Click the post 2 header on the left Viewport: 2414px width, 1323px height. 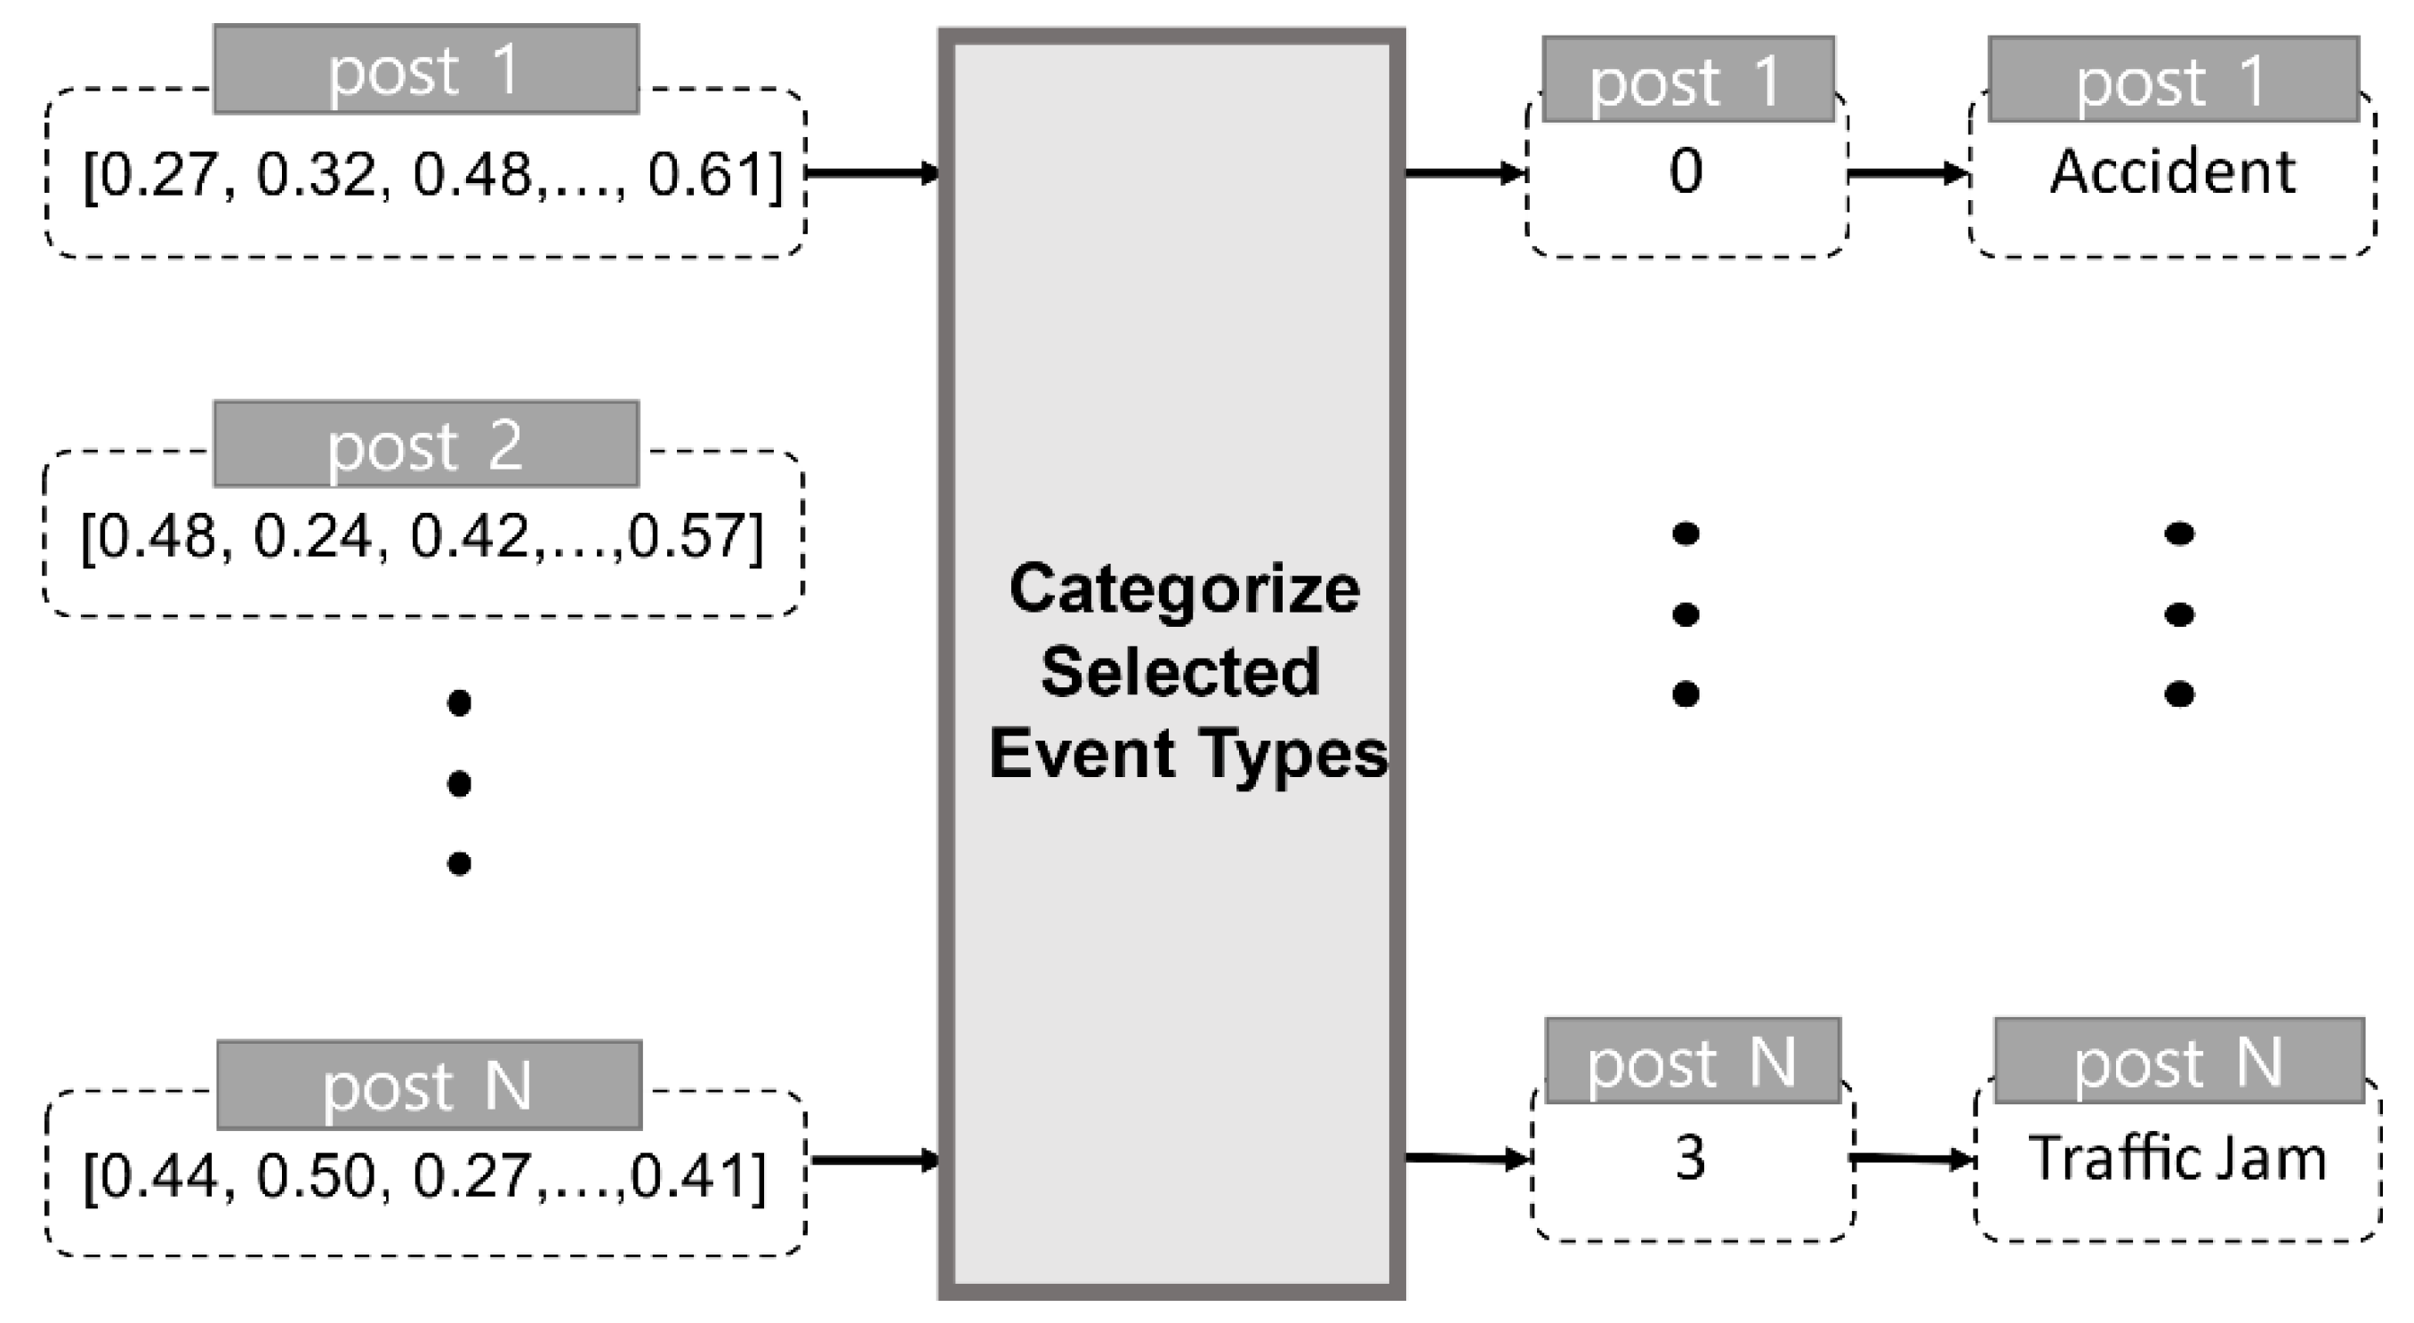pyautogui.click(x=426, y=445)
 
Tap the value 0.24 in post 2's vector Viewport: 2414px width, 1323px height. pyautogui.click(x=311, y=537)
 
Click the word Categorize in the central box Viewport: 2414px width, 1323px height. pyautogui.click(x=1185, y=590)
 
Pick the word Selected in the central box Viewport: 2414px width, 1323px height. pyautogui.click(x=1181, y=672)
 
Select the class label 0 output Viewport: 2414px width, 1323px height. pyautogui.click(x=1686, y=172)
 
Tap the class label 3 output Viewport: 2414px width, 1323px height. pyautogui.click(x=1690, y=1159)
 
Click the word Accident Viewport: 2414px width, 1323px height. pyautogui.click(x=2172, y=172)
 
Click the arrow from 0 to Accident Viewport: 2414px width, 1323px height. pyautogui.click(x=1908, y=173)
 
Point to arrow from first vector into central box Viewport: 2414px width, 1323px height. pyautogui.click(x=873, y=173)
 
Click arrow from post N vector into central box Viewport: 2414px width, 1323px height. pyautogui.click(x=874, y=1161)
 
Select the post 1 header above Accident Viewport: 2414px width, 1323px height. pyautogui.click(x=2173, y=80)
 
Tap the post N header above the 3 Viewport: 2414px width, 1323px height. pyautogui.click(x=1693, y=1062)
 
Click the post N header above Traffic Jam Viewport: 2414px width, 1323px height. pyautogui.click(x=2179, y=1062)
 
